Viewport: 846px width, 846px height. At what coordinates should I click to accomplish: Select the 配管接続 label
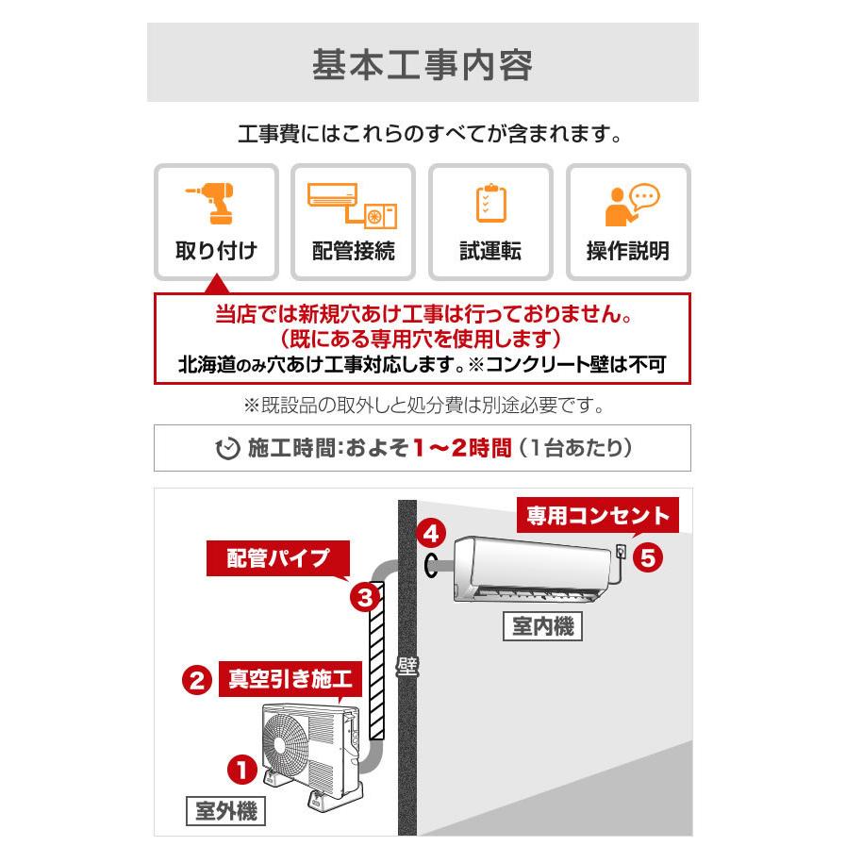tap(353, 251)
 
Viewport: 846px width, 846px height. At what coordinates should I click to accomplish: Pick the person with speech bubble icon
tap(629, 204)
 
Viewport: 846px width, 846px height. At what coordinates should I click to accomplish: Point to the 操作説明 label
tap(627, 251)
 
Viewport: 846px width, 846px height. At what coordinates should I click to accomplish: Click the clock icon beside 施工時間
tap(227, 449)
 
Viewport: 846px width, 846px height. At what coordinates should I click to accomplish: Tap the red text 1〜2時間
tap(461, 448)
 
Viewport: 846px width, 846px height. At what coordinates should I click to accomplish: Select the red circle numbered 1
tap(242, 770)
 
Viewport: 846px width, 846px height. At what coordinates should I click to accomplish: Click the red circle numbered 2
tap(196, 680)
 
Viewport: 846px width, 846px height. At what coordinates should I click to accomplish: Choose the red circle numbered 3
tap(365, 596)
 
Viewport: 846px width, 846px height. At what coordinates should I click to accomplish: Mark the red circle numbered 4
tap(430, 534)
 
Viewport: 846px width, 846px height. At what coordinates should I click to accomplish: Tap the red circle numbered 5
tap(647, 557)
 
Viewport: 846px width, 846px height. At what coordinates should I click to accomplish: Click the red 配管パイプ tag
tap(277, 558)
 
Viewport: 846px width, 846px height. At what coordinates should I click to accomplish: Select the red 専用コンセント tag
tap(598, 516)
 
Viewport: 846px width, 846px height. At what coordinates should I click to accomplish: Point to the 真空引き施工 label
tap(290, 679)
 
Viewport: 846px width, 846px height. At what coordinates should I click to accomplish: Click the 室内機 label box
tap(541, 626)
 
